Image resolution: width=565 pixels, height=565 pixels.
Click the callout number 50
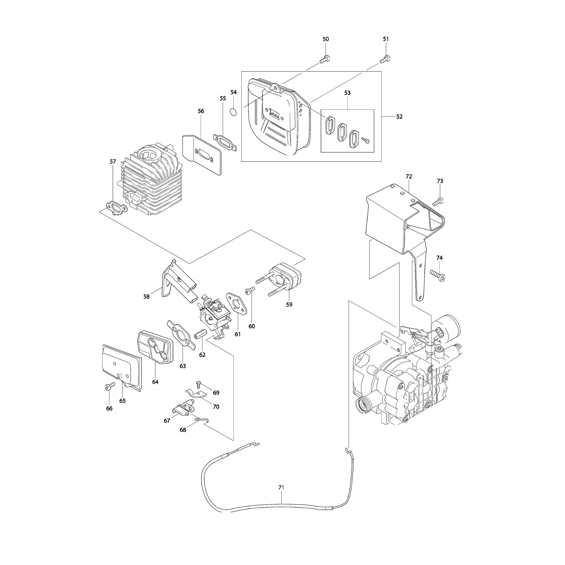[325, 39]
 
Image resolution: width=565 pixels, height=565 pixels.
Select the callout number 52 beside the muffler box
[399, 117]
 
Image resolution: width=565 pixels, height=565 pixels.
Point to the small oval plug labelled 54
[233, 112]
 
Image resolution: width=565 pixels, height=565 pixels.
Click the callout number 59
[289, 305]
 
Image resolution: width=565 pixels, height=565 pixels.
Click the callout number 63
[182, 366]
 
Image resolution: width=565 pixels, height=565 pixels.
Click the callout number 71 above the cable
[281, 488]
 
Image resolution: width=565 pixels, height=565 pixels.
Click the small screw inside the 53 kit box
[366, 140]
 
